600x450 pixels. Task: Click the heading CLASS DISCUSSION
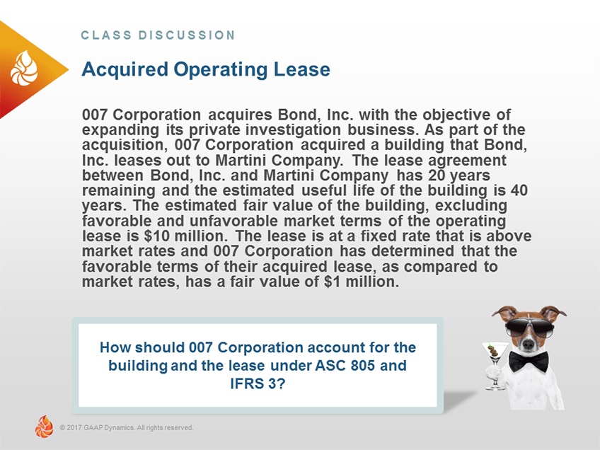coord(158,35)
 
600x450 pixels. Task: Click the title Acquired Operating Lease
coord(206,69)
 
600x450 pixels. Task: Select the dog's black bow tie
coord(529,361)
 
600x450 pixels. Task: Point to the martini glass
coord(493,351)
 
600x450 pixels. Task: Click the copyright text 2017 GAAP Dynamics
coord(127,427)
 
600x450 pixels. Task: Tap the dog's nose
coord(528,345)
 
